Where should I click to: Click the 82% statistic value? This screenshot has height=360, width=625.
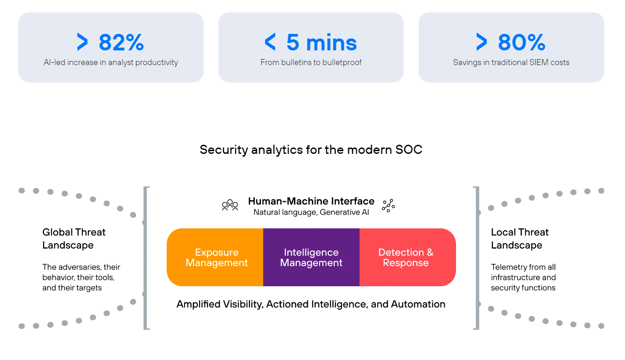point(121,43)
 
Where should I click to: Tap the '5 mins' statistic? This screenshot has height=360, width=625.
point(321,43)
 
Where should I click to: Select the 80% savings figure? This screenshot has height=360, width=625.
point(522,43)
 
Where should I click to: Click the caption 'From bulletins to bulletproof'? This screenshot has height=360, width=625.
point(311,62)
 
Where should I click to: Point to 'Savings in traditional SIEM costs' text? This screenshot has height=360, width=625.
point(511,62)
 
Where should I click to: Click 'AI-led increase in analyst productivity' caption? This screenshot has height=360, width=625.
point(111,62)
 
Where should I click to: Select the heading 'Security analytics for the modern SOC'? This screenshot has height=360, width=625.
point(311,150)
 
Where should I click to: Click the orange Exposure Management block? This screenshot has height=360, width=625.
point(217,257)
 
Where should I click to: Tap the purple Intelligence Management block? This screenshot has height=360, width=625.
point(311,257)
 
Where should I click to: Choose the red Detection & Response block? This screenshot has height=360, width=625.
point(406,257)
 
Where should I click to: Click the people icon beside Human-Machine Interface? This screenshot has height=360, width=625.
point(230,205)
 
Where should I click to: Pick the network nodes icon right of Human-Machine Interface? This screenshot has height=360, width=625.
point(388,206)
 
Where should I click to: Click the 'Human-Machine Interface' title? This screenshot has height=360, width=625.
point(311,201)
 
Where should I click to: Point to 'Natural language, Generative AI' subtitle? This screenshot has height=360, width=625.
point(311,212)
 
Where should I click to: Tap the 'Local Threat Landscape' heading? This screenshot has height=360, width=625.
point(520,239)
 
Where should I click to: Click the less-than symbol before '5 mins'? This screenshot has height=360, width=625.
point(271,43)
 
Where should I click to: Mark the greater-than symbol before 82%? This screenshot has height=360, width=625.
point(82,43)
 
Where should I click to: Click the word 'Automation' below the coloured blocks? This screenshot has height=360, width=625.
point(418,304)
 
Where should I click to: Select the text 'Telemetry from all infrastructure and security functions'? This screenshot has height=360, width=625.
point(523,277)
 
